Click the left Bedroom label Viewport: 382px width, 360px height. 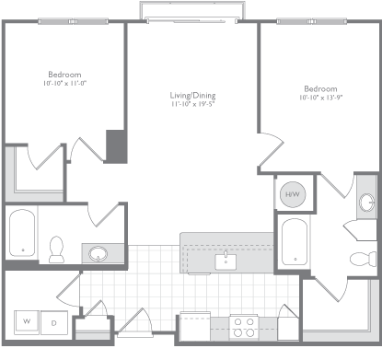pos(65,75)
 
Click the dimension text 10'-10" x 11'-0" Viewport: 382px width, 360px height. pos(64,85)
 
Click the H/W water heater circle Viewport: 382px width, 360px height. pos(293,195)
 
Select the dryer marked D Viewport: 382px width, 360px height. pos(53,321)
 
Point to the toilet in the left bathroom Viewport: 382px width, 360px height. pos(56,248)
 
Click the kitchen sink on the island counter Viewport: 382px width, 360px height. pos(226,261)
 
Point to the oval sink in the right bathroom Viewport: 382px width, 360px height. pos(365,203)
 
